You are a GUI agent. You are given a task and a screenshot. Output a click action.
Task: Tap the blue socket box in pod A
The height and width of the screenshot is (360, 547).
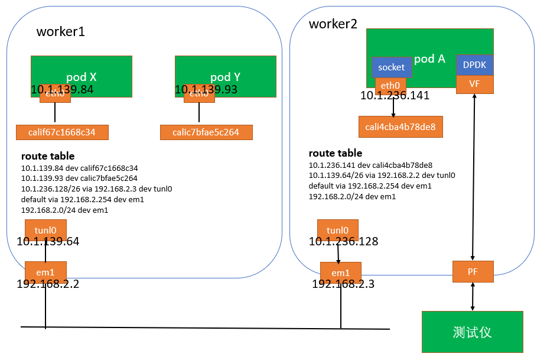point(391,67)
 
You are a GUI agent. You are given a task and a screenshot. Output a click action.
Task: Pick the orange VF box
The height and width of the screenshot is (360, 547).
point(474,84)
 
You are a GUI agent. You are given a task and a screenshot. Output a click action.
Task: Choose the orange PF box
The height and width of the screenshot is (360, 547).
point(473,271)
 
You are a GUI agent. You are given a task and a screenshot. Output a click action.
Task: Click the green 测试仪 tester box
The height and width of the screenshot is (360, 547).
point(472,332)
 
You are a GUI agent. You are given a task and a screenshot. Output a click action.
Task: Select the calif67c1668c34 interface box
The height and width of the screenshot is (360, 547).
point(61,132)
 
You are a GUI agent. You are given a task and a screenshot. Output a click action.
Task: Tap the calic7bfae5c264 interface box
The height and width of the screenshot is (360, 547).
point(206,132)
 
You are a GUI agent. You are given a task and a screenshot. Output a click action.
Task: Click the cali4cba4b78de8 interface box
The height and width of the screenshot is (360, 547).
point(401,127)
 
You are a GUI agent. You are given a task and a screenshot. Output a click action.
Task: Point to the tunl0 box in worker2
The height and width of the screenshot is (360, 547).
point(337,230)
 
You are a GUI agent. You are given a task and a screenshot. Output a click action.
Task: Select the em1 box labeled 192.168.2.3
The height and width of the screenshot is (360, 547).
point(340,273)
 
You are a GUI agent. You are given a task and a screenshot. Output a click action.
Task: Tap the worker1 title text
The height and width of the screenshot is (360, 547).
point(61,32)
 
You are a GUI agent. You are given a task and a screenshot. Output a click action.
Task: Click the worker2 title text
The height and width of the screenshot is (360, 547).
point(333,24)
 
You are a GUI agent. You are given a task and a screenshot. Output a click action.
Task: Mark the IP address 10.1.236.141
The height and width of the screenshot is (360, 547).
point(395,96)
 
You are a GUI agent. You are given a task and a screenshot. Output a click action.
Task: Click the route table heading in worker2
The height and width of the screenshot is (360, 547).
point(336,154)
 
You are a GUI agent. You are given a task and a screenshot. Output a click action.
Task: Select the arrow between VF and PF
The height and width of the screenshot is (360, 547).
point(474,177)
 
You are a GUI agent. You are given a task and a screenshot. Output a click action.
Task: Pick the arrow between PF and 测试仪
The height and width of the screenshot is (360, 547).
point(473,297)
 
